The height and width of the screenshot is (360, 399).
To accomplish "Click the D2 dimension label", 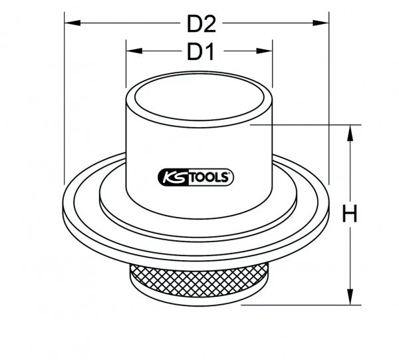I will tap(202, 24).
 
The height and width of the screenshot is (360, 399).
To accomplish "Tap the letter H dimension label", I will tap(350, 214).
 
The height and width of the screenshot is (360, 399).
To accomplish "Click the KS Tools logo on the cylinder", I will tap(195, 177).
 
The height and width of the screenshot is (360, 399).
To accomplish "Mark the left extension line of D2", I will tap(65, 100).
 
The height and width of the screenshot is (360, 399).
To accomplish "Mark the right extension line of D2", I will tap(331, 100).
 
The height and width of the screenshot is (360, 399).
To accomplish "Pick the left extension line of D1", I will tap(126, 67).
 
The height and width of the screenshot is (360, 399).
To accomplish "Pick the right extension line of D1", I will tap(273, 67).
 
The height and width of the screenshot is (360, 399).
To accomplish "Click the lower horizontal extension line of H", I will tap(299, 305).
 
